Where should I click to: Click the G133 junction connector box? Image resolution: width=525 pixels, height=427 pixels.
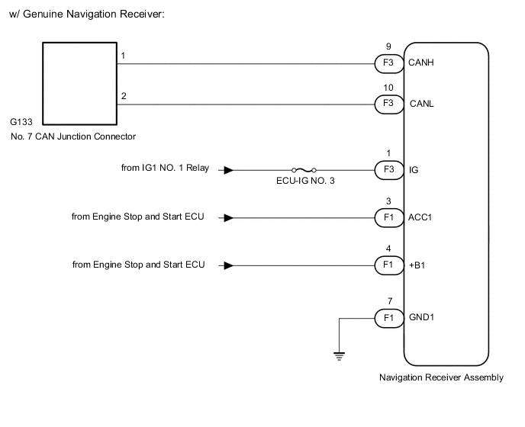[x=77, y=83]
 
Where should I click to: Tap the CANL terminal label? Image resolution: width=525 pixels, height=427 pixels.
[x=422, y=103]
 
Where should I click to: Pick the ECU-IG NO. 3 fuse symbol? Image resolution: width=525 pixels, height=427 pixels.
[x=304, y=171]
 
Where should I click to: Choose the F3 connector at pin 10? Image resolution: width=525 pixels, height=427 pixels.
[x=388, y=103]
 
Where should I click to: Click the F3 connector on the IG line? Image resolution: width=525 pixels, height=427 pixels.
[x=388, y=171]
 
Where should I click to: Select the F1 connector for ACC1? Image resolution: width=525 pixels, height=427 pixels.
[x=388, y=218]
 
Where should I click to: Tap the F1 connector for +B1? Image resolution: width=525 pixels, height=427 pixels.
[x=388, y=265]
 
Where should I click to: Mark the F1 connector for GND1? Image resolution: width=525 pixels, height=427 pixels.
[x=388, y=316]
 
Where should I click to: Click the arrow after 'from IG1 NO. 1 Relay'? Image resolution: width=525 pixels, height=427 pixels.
[x=227, y=171]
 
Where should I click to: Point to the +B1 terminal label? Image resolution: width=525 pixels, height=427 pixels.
[x=418, y=265]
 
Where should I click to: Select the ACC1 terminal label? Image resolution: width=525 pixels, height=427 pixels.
[x=421, y=218]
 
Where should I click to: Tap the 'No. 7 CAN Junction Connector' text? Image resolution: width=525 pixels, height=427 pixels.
[x=73, y=137]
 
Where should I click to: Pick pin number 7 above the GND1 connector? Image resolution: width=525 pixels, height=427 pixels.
[x=389, y=301]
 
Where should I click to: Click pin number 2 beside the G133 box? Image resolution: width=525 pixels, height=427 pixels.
[x=124, y=95]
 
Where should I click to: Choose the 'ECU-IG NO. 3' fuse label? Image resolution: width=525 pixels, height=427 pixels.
[x=304, y=184]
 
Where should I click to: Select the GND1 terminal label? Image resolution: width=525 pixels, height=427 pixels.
[x=422, y=316]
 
